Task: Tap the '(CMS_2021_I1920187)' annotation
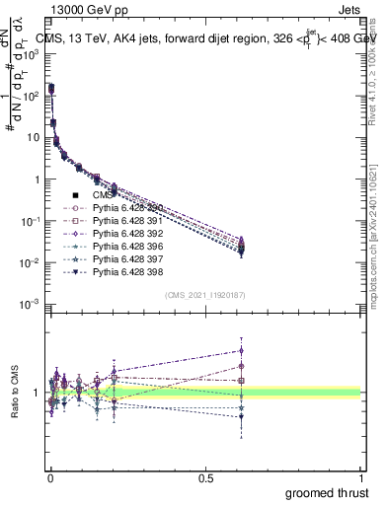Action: click(204, 295)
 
